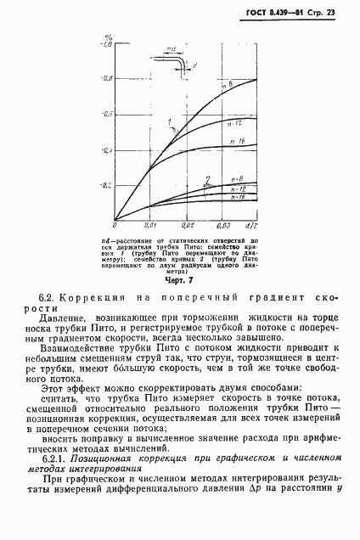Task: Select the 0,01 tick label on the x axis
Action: (150, 225)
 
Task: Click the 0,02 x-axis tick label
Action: (188, 225)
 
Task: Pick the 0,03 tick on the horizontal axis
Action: (225, 225)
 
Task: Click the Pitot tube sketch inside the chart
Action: (174, 63)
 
